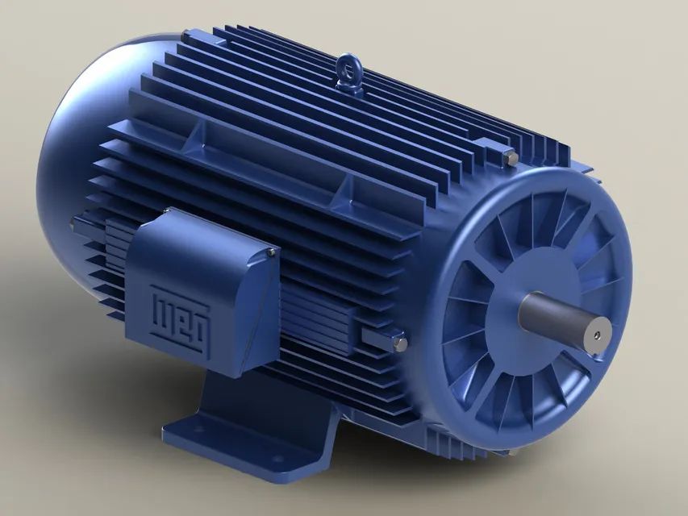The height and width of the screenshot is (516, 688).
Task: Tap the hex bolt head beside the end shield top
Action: (x=509, y=158)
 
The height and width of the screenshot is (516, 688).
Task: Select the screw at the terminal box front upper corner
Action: (x=271, y=253)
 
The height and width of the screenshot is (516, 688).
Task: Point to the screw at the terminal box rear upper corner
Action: (x=167, y=212)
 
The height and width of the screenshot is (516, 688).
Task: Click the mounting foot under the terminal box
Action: (x=242, y=427)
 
